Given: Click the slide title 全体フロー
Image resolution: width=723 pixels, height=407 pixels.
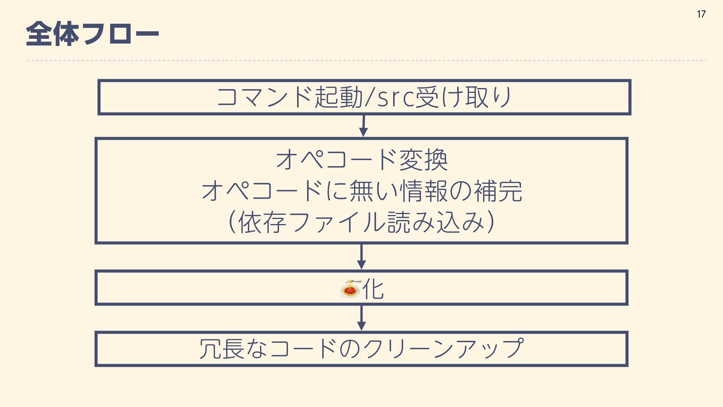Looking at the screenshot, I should click(x=92, y=34).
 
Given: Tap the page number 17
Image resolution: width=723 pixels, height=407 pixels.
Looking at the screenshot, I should click(x=701, y=14).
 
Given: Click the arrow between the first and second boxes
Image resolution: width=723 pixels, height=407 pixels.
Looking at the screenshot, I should click(x=363, y=126).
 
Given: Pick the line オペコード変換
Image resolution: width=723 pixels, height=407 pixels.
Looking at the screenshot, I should click(x=361, y=160).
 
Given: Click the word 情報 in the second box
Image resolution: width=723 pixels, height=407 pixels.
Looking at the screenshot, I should click(x=423, y=191).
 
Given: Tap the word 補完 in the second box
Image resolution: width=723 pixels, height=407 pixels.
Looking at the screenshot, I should click(x=498, y=191).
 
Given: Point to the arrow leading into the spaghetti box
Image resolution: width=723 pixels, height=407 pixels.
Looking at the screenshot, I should click(x=361, y=257).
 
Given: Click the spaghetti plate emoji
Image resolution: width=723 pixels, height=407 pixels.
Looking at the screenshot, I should click(x=350, y=289).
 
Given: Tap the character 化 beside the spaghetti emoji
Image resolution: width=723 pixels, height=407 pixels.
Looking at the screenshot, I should click(x=373, y=289).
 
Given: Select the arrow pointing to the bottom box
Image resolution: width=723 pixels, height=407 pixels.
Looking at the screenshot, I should click(x=361, y=318).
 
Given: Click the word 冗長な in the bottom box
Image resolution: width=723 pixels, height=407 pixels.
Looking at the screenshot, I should click(x=233, y=349).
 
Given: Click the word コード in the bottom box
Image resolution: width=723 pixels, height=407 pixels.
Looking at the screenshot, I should click(x=303, y=349).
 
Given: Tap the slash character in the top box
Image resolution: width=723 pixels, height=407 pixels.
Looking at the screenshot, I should click(x=369, y=97).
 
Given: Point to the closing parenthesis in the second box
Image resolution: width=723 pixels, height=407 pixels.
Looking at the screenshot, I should click(x=490, y=222).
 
